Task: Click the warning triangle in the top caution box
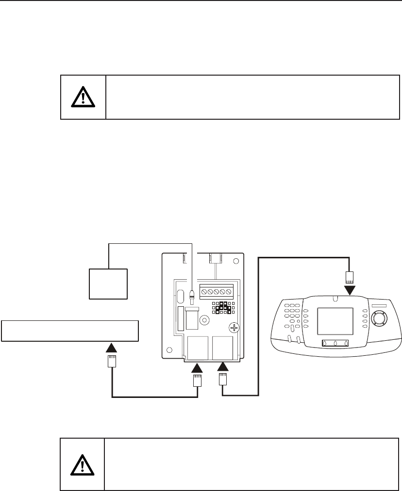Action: pos(83,97)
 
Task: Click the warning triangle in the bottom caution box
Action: pos(83,465)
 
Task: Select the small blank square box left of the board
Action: pos(108,284)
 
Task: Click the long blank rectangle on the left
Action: pos(70,331)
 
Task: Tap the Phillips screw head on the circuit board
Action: pos(234,328)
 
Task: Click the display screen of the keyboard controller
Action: pos(335,321)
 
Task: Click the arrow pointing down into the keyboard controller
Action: pos(349,290)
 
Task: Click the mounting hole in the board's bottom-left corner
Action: pos(168,350)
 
